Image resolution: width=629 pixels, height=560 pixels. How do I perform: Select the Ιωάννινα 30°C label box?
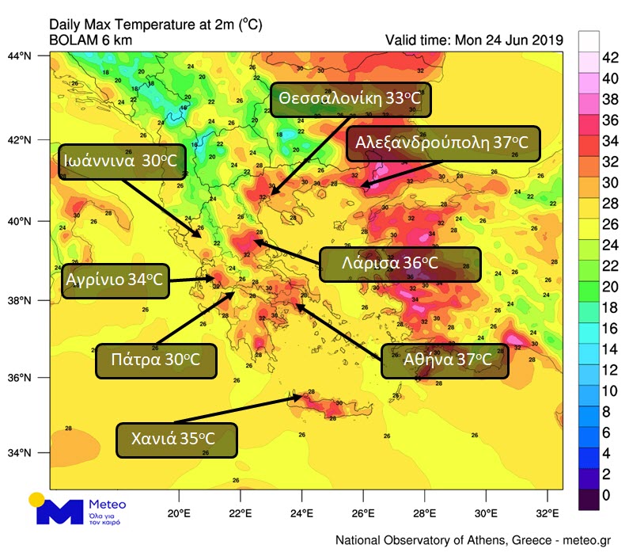119,161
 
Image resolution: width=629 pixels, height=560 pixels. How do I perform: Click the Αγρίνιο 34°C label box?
116,280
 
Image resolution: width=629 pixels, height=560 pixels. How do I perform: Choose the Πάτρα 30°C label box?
157,360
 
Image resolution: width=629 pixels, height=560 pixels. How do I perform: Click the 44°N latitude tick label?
29,56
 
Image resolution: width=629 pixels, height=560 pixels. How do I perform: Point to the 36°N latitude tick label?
29,377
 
